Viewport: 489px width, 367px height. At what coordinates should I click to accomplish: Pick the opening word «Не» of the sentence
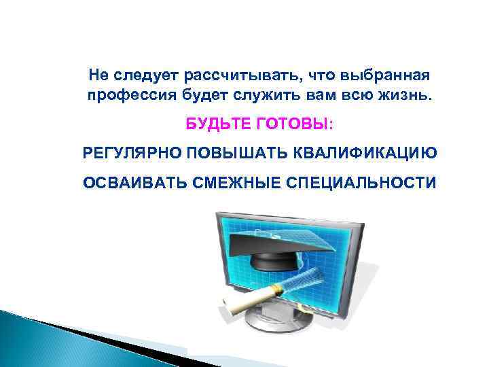98,73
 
